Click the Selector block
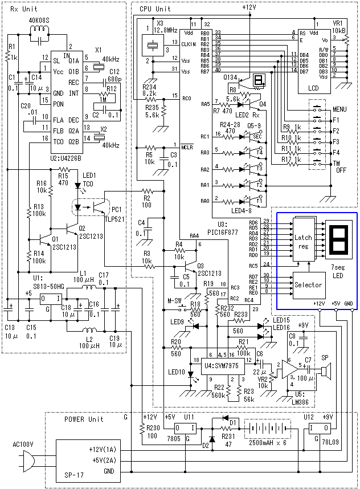pos(308,284)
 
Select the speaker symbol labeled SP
pos(325,372)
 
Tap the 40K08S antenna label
pos(40,21)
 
